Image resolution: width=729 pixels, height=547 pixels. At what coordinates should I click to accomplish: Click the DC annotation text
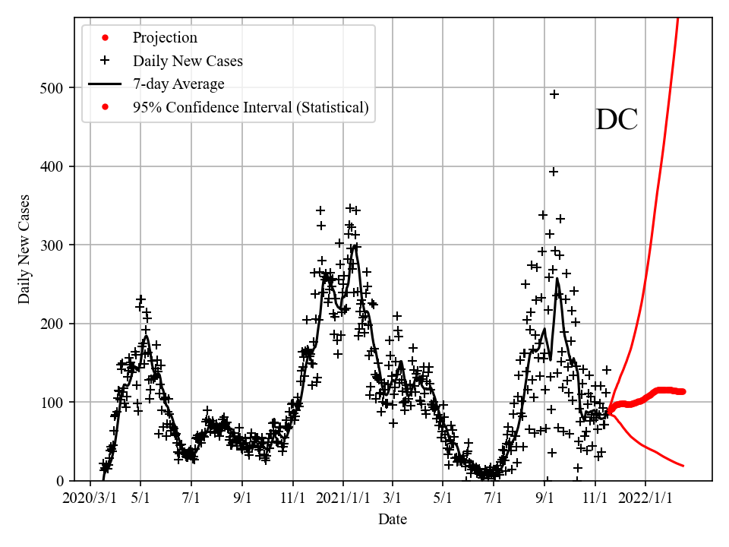pyautogui.click(x=616, y=120)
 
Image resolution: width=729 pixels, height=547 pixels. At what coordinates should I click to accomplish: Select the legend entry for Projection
pyautogui.click(x=165, y=38)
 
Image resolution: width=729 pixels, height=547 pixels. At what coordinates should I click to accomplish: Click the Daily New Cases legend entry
pyautogui.click(x=188, y=61)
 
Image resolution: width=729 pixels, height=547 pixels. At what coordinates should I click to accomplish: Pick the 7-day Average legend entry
pyautogui.click(x=178, y=84)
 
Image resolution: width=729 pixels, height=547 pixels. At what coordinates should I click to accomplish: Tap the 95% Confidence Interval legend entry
pyautogui.click(x=251, y=108)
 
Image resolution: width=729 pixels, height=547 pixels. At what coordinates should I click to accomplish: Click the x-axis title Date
pyautogui.click(x=393, y=520)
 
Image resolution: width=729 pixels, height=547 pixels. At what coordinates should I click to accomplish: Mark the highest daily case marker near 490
pyautogui.click(x=554, y=94)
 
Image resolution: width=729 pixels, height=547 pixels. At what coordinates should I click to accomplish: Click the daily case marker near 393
pyautogui.click(x=554, y=172)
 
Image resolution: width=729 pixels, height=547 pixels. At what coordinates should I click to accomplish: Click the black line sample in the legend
pyautogui.click(x=105, y=84)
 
